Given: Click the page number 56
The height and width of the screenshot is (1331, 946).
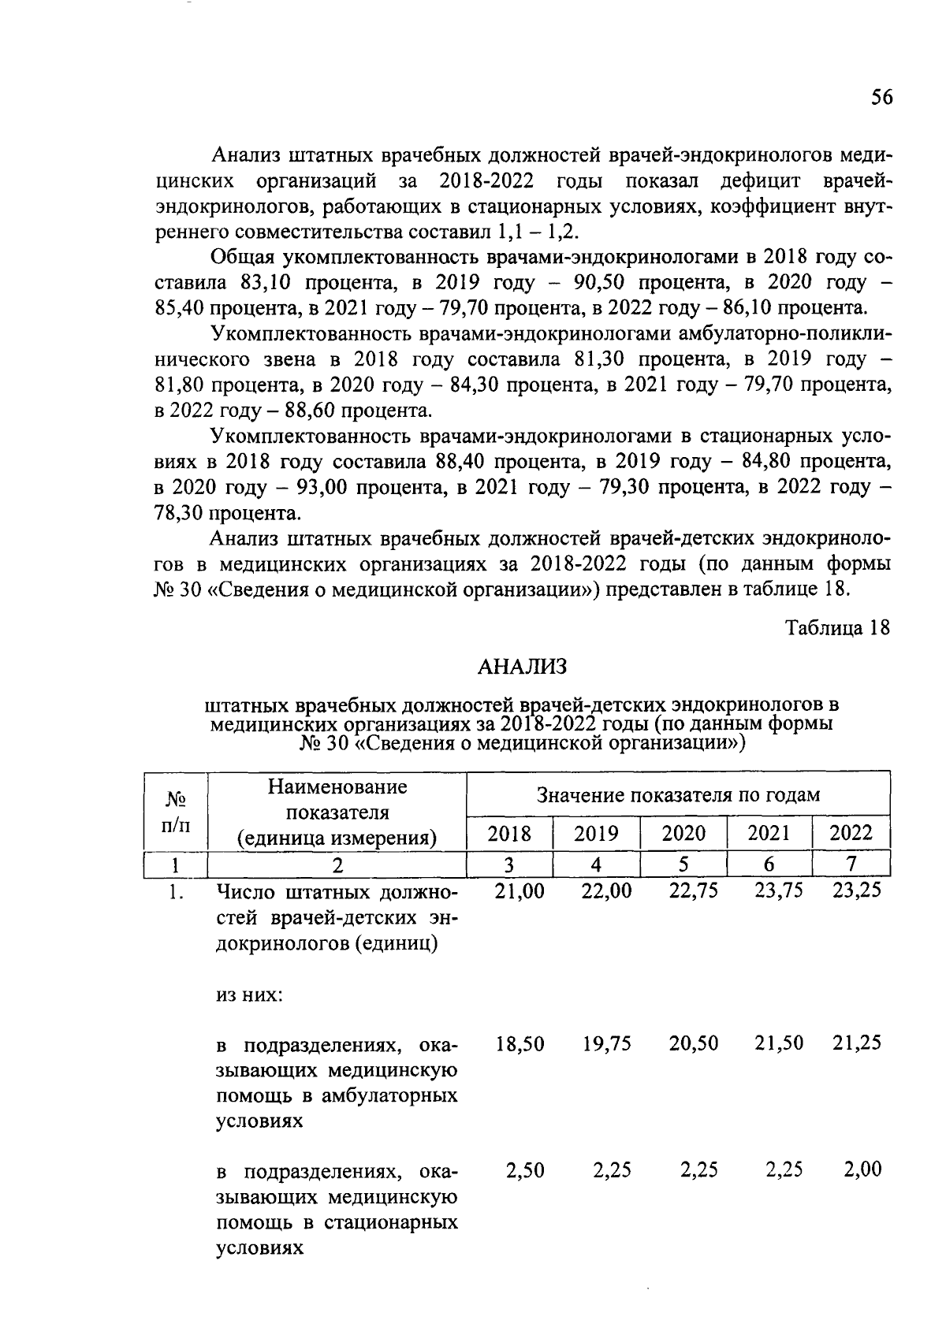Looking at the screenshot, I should pyautogui.click(x=881, y=97).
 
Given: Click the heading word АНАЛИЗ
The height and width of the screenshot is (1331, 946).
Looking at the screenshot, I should pyautogui.click(x=523, y=667).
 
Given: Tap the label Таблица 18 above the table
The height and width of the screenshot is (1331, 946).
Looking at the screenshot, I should pyautogui.click(x=837, y=628).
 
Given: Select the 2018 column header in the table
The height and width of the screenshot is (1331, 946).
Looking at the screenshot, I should pyautogui.click(x=509, y=834).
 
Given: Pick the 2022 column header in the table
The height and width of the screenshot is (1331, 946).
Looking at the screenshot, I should pyautogui.click(x=851, y=834).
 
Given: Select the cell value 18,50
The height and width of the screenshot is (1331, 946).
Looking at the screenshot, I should pyautogui.click(x=520, y=1043).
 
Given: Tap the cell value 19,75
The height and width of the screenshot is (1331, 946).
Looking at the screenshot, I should pyautogui.click(x=607, y=1043).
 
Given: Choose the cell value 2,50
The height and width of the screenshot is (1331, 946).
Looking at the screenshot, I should pyautogui.click(x=524, y=1169).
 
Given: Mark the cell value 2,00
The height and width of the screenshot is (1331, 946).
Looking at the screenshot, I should pyautogui.click(x=862, y=1169).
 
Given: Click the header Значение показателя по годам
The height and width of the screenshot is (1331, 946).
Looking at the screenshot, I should pyautogui.click(x=678, y=794).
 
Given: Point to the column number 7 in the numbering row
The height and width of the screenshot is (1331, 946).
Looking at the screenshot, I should pyautogui.click(x=851, y=864).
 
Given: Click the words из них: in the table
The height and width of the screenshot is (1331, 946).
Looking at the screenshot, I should pyautogui.click(x=250, y=995).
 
